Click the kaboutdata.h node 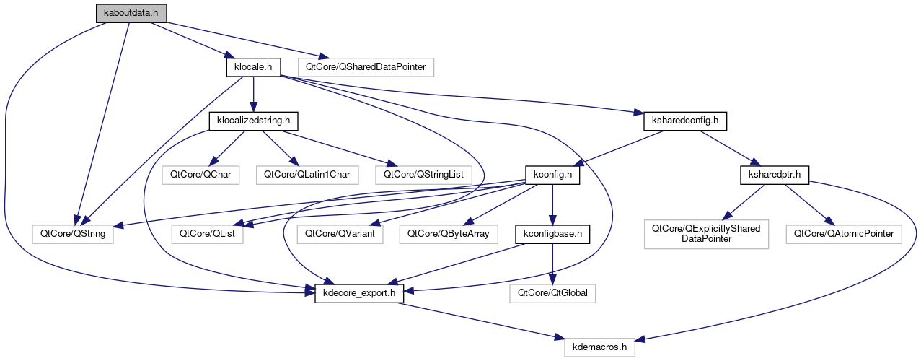click(x=131, y=13)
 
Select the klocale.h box click(x=252, y=67)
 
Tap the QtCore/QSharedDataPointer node click(x=366, y=67)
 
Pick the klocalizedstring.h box click(x=253, y=121)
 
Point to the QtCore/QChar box click(x=191, y=174)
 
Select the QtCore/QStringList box click(x=423, y=174)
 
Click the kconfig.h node click(x=552, y=174)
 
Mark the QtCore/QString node click(x=73, y=233)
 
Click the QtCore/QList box click(x=207, y=233)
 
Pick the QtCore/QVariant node click(x=340, y=233)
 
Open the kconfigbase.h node click(x=552, y=233)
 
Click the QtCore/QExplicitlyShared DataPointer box click(x=706, y=233)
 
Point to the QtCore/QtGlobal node click(x=552, y=293)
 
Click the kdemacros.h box click(x=600, y=347)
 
